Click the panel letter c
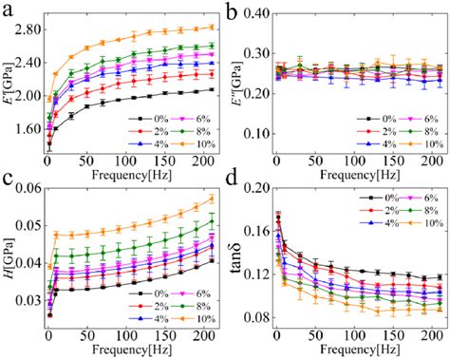tap(8, 190)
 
